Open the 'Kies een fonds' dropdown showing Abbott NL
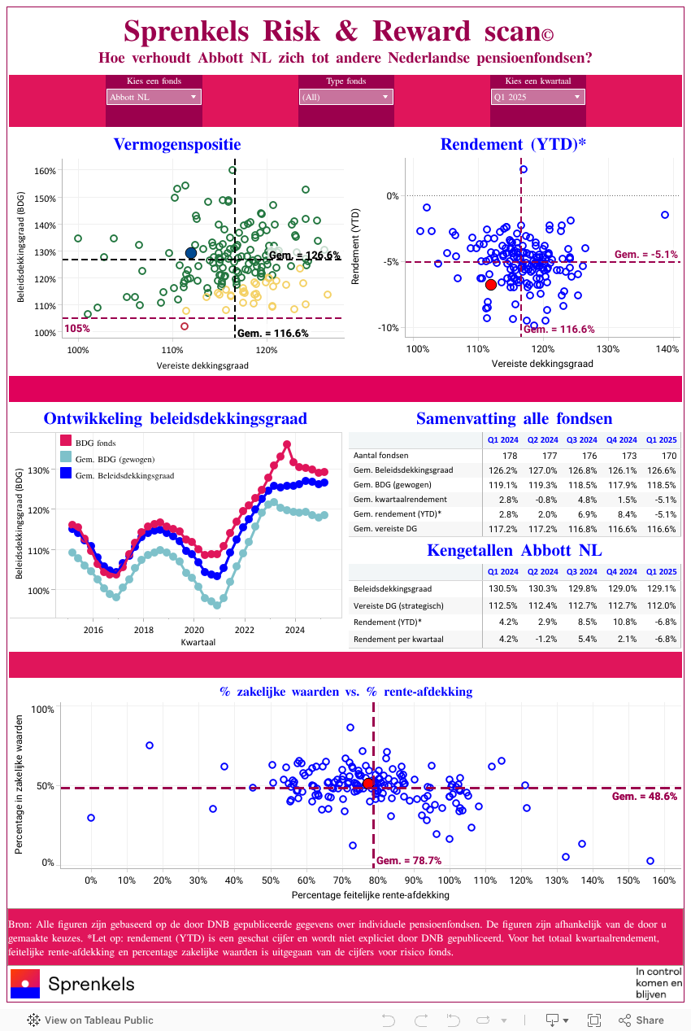[154, 98]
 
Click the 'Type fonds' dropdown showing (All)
[345, 98]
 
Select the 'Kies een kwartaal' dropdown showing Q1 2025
[537, 98]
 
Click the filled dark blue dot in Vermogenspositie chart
[191, 253]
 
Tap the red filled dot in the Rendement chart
[490, 284]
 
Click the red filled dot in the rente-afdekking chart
[368, 784]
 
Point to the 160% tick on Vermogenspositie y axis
[46, 171]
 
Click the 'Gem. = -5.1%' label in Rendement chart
[645, 255]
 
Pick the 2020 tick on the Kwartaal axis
[194, 630]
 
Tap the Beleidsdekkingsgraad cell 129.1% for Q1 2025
[661, 588]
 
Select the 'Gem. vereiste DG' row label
[385, 529]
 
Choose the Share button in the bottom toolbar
[641, 1020]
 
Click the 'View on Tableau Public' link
[90, 1020]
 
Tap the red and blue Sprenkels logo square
[24, 984]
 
